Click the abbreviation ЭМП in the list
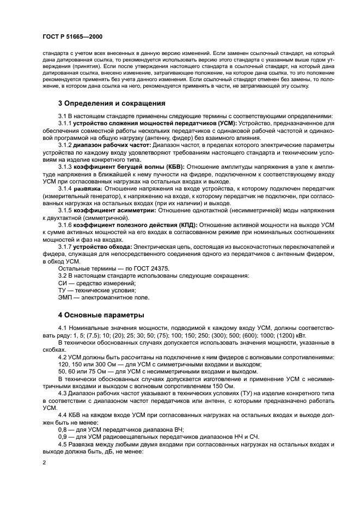coord(65,298)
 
